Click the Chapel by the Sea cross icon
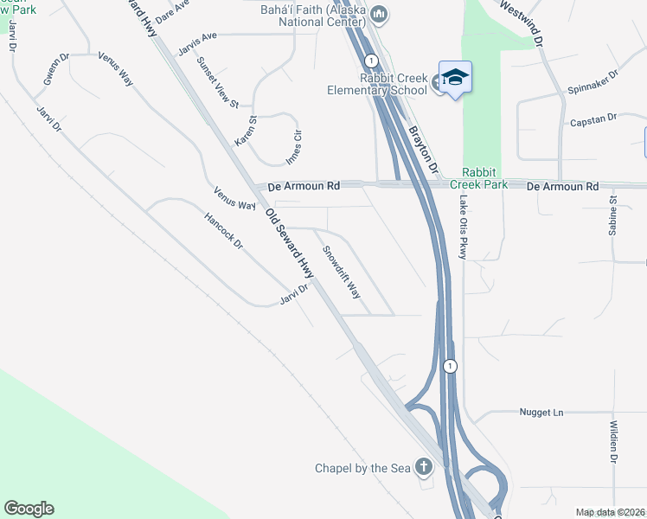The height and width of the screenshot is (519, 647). (423, 468)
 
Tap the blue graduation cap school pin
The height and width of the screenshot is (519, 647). (455, 78)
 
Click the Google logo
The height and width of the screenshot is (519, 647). (29, 509)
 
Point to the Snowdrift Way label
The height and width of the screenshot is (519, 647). (342, 272)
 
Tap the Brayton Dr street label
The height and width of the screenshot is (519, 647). (424, 147)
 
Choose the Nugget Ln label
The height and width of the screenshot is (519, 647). (541, 413)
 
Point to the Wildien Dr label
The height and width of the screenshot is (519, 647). (612, 441)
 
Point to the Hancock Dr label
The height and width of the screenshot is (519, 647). (224, 232)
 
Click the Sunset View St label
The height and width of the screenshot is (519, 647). (217, 82)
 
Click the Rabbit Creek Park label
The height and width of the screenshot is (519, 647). (484, 178)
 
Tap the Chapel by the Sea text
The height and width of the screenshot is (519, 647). (362, 469)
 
